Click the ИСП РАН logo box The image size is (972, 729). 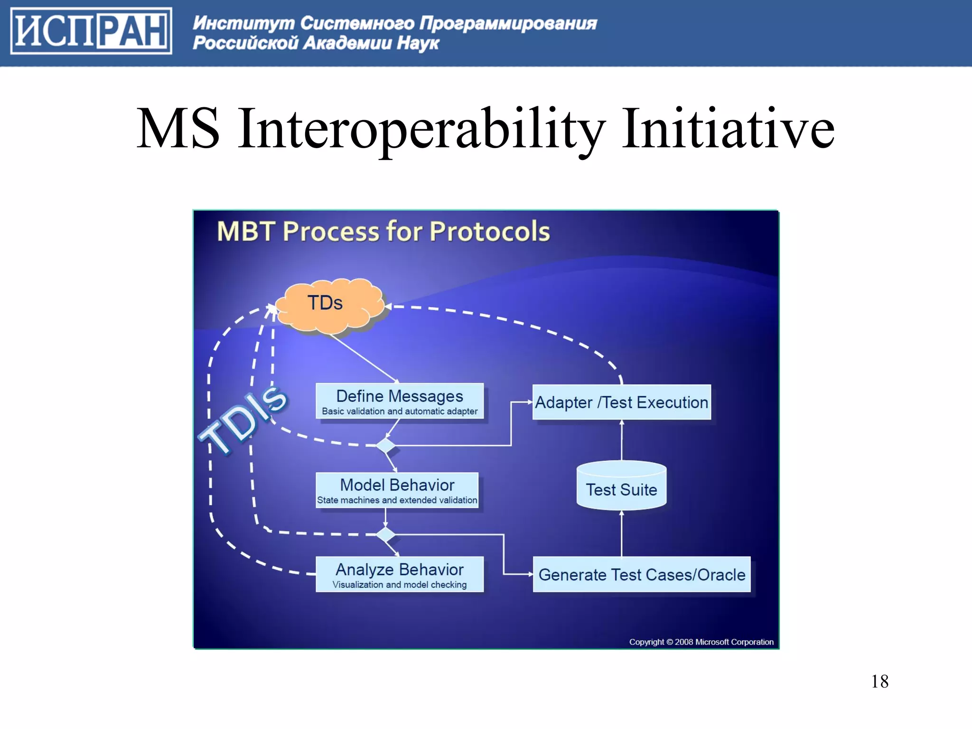[91, 31]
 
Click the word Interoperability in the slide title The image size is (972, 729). [421, 129]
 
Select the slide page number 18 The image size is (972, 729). [879, 682]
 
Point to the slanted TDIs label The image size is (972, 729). [243, 420]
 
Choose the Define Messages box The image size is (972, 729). [400, 402]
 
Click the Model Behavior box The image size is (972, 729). [397, 490]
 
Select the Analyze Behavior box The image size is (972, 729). [400, 574]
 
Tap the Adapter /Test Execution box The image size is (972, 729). [621, 402]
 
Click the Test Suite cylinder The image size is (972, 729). [621, 486]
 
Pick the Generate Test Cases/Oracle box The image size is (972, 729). [641, 574]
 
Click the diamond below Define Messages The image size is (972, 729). [385, 446]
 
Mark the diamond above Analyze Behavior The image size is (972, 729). [385, 534]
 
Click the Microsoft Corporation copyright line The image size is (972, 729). [701, 642]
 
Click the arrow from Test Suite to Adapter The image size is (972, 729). [622, 440]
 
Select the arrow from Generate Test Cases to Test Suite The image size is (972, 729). [622, 533]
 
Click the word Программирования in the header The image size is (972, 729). [508, 23]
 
